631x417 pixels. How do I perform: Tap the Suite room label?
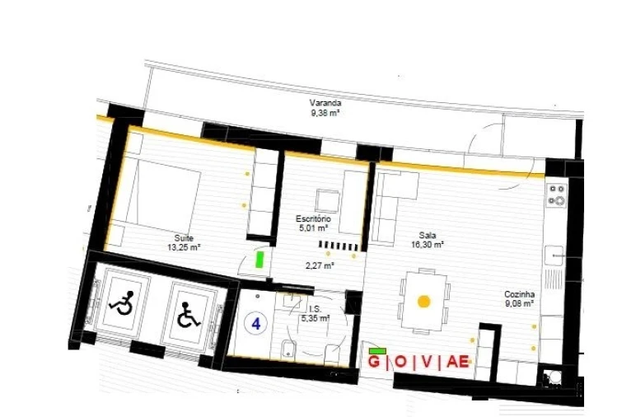click(x=184, y=237)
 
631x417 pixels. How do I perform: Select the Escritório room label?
click(x=313, y=218)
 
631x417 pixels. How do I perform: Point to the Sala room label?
click(x=427, y=235)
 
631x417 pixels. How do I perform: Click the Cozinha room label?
click(x=519, y=293)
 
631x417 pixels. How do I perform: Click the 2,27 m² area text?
click(x=319, y=265)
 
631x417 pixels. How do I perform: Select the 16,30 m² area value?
click(x=428, y=245)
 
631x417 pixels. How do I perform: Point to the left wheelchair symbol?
click(x=122, y=306)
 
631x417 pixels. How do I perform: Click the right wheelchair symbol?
click(x=189, y=315)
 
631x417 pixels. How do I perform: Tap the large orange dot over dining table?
click(x=423, y=302)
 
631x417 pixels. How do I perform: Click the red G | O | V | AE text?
click(x=418, y=362)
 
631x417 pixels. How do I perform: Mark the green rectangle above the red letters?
click(x=379, y=350)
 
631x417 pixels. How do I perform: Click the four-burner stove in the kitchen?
click(x=558, y=194)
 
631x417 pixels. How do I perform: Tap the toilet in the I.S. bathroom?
click(x=286, y=349)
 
